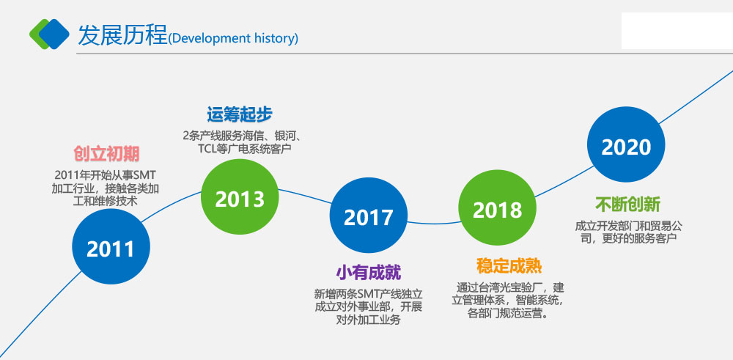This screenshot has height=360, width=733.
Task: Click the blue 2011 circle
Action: (111, 246)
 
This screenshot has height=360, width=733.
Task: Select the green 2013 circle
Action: (240, 196)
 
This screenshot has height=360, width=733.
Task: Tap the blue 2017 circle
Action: (369, 215)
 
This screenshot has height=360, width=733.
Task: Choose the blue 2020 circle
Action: (626, 144)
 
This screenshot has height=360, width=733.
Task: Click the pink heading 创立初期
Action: (106, 154)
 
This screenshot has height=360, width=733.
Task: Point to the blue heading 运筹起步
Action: (240, 114)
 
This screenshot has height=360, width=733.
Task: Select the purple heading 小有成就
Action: (369, 273)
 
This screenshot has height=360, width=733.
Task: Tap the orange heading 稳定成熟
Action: (509, 266)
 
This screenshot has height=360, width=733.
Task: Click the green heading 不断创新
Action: (628, 205)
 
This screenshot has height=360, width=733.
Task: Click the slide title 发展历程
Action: (122, 34)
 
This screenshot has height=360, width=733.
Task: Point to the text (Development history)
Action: (233, 38)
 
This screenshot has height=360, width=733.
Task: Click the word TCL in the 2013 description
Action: (207, 149)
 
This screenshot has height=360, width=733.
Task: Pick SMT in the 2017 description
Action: (369, 295)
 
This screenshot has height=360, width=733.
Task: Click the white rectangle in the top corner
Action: (677, 31)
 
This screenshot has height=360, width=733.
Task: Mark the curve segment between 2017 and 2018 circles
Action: (433, 224)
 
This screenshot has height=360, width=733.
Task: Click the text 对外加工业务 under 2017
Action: (369, 320)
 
